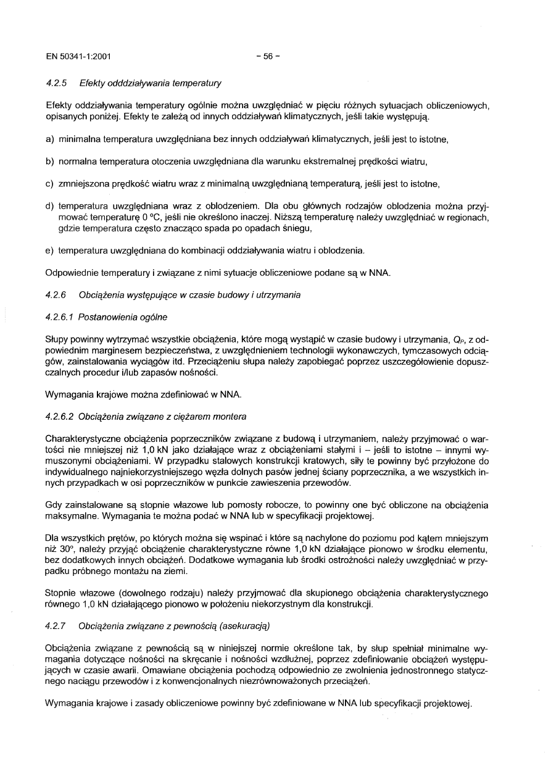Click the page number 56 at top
[268, 56]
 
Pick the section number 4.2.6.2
[61, 416]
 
